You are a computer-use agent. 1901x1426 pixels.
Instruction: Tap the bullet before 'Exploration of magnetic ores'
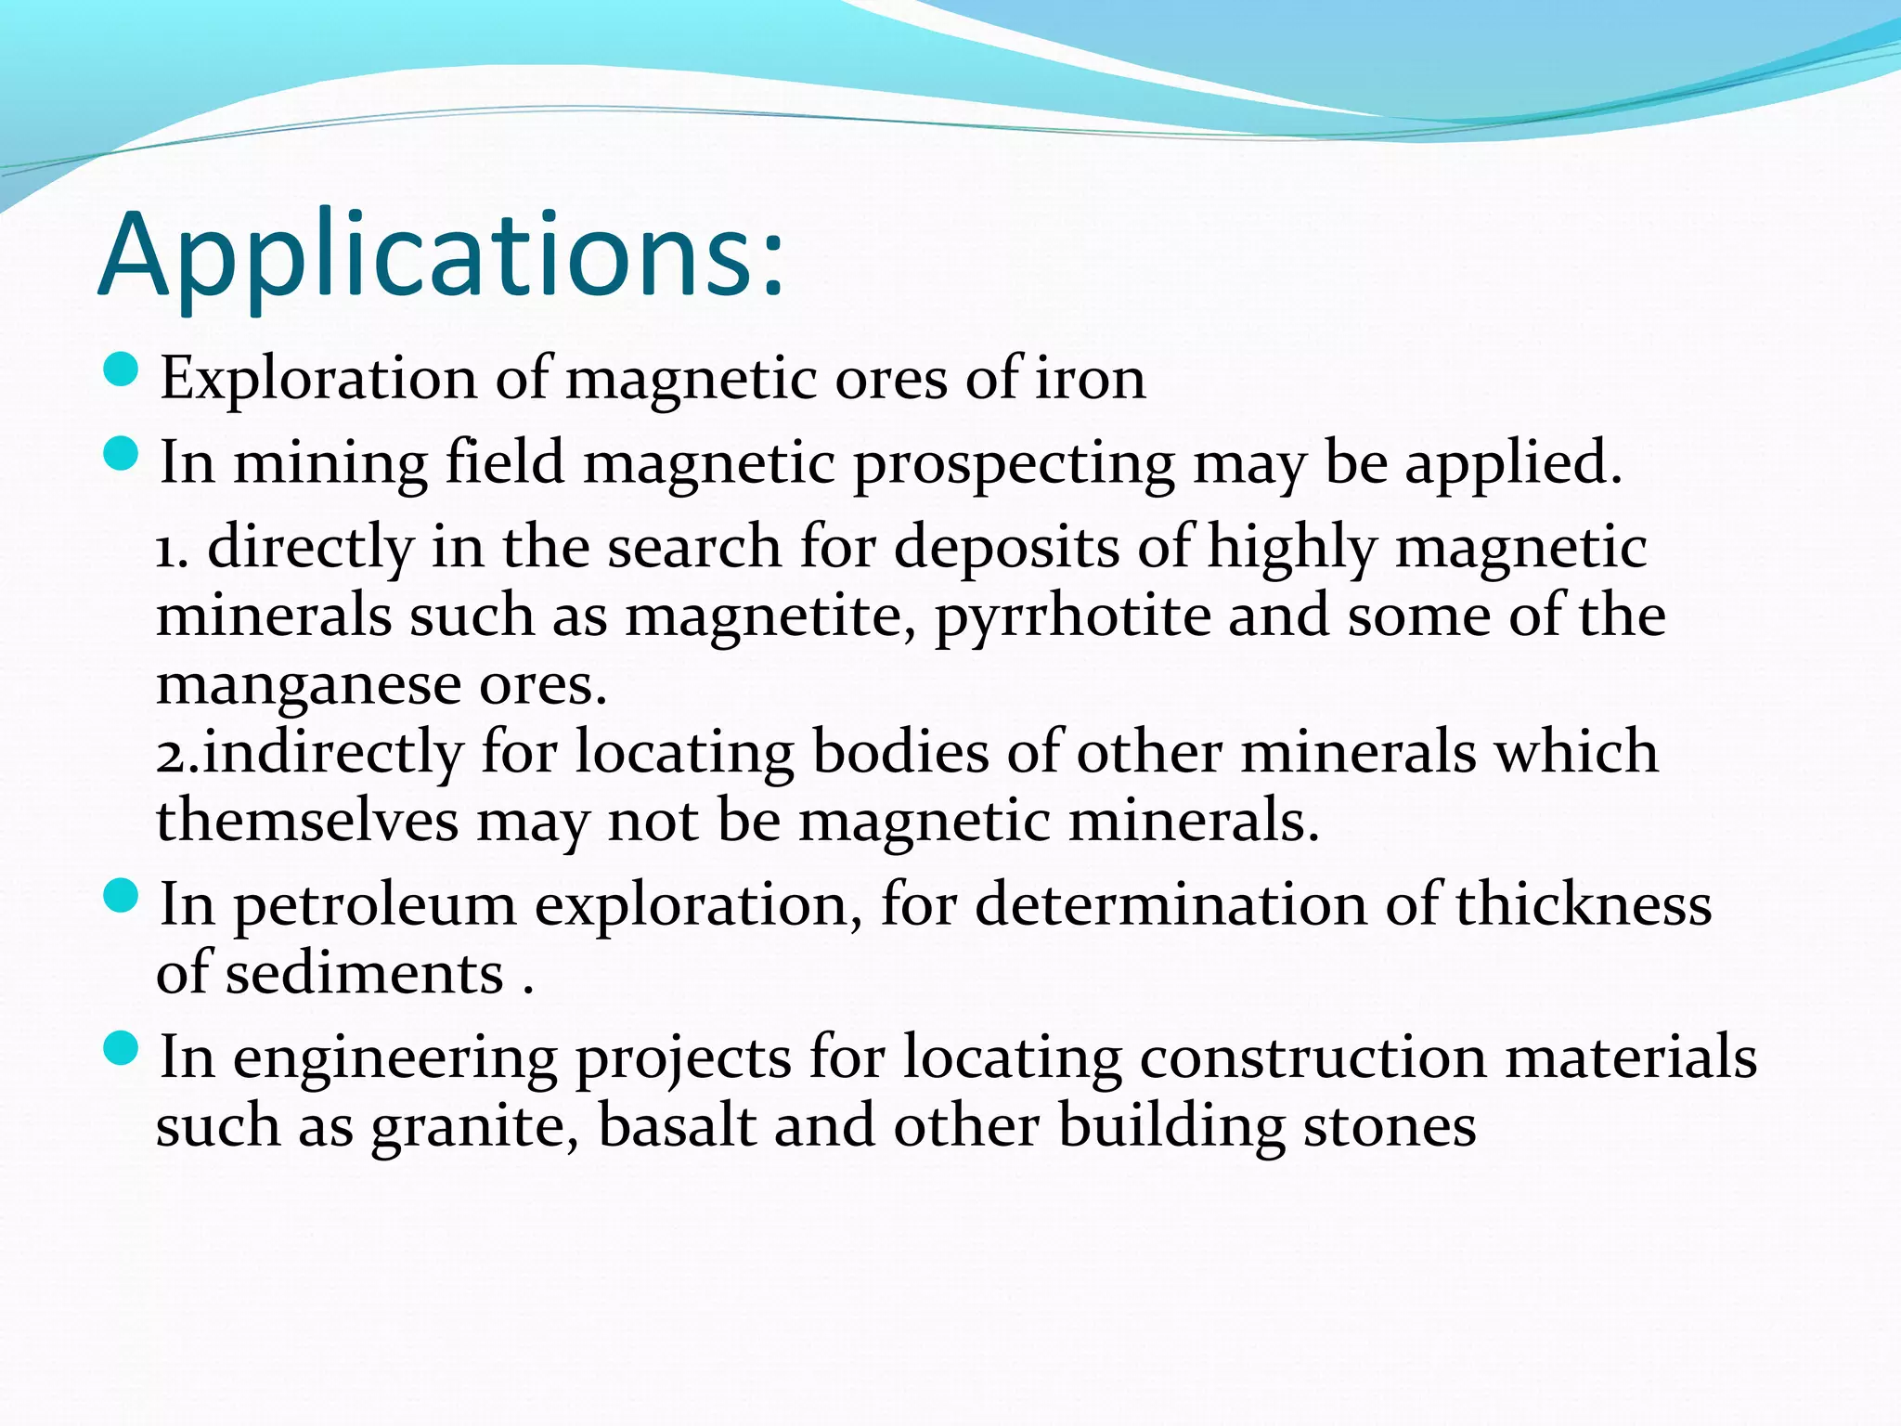121,371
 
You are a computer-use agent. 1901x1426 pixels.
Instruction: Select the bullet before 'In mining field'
121,455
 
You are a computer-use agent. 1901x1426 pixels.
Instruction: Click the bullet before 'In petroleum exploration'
121,897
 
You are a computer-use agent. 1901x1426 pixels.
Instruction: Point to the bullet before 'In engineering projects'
121,1050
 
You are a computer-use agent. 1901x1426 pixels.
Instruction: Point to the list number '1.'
172,548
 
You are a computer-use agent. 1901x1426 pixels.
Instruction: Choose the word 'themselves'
307,821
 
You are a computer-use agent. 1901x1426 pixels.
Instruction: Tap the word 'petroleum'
374,905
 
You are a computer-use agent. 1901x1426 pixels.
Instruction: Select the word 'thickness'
1583,904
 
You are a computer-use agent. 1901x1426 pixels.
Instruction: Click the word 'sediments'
365,973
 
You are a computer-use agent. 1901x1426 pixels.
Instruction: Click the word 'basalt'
677,1125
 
